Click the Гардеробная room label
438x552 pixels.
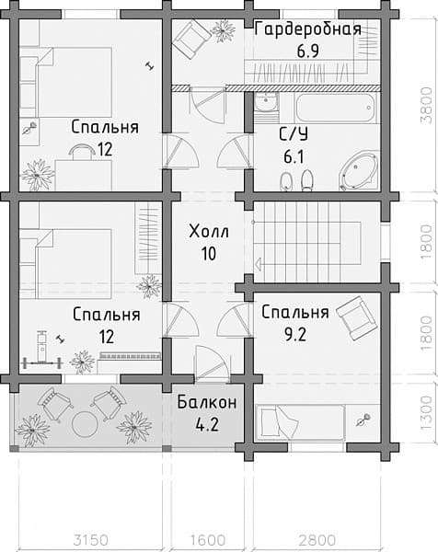tap(307, 29)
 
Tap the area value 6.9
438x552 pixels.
tap(307, 51)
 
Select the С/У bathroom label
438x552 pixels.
tap(294, 134)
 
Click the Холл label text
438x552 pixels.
tap(209, 232)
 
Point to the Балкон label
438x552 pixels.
tap(207, 402)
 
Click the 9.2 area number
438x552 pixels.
tap(295, 335)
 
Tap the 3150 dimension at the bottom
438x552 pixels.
tap(91, 540)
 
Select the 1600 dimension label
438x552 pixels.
tap(208, 540)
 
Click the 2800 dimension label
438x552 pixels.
tap(317, 540)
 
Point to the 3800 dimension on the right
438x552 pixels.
tap(426, 105)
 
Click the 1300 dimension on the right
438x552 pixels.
tap(426, 412)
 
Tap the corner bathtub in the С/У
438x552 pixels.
tap(359, 171)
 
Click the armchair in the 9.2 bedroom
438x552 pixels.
tap(357, 317)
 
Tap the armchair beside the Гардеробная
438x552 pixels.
tap(191, 39)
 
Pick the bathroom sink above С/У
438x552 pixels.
tap(266, 102)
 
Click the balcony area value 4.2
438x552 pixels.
tap(207, 424)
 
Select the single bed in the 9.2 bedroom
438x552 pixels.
tap(300, 422)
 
